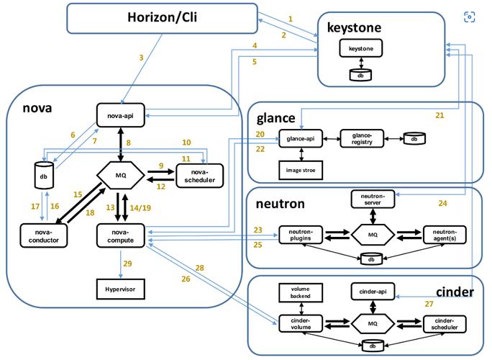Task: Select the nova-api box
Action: click(x=121, y=113)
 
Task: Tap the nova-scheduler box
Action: click(x=199, y=174)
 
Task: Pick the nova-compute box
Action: click(x=121, y=233)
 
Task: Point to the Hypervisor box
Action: click(x=121, y=289)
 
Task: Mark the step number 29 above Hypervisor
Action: click(x=127, y=264)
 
